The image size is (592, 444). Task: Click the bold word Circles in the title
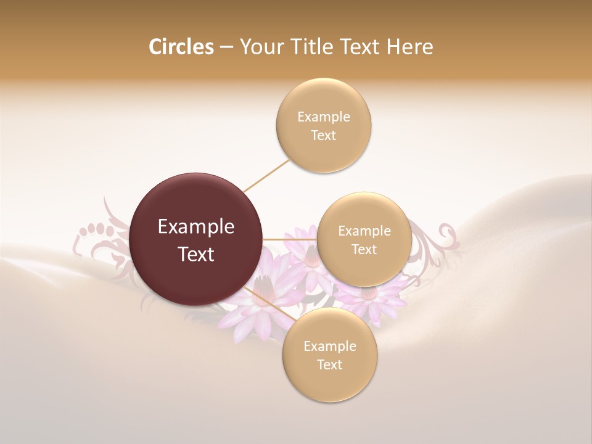[181, 47]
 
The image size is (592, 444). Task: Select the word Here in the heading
[411, 47]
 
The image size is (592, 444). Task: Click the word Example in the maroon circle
[196, 227]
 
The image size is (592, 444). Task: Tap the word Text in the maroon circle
[196, 254]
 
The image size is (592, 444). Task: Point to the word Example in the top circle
[324, 117]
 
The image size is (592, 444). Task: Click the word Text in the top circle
[324, 135]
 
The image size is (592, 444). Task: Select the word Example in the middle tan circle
[364, 231]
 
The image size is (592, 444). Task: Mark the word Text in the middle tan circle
[364, 249]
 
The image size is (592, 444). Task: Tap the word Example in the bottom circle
[329, 346]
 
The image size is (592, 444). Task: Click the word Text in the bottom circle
[329, 364]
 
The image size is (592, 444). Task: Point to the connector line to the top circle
[266, 176]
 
